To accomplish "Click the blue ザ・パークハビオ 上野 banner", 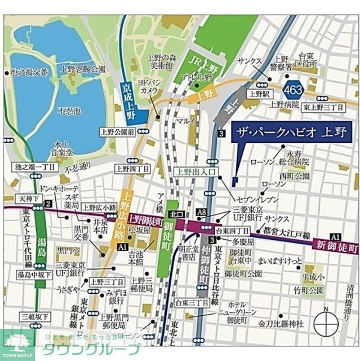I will [x=291, y=134].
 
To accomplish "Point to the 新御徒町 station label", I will [x=337, y=246].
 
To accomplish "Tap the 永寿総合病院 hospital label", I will [x=297, y=157].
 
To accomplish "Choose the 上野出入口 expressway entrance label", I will [x=194, y=173].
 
